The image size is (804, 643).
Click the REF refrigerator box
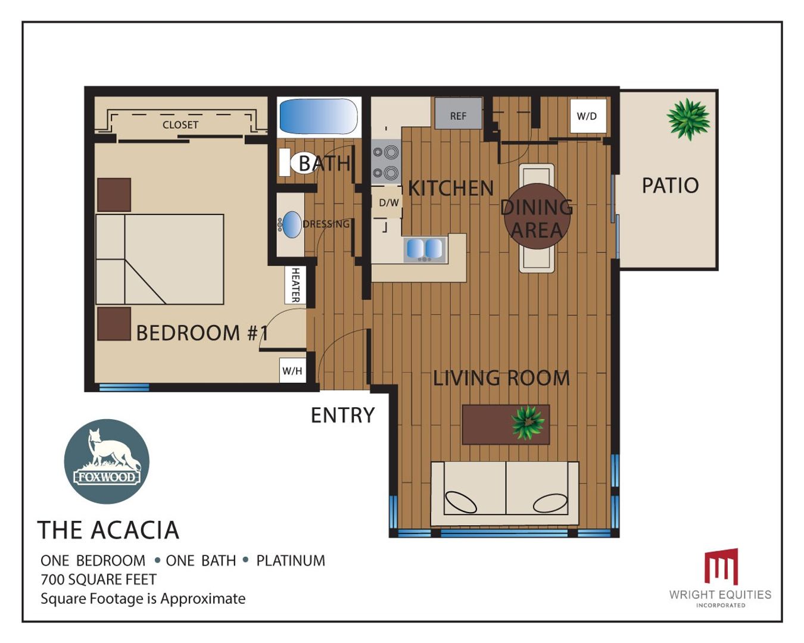(458, 113)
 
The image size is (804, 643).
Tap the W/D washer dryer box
(588, 116)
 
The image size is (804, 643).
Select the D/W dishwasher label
(388, 203)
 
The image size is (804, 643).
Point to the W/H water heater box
(292, 370)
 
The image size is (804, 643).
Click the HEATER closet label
(295, 285)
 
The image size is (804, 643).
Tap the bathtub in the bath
(318, 116)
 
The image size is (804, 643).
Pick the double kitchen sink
(425, 249)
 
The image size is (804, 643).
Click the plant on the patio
(688, 119)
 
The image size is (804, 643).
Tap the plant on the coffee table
(528, 423)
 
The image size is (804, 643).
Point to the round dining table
(537, 216)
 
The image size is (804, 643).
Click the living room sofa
(505, 494)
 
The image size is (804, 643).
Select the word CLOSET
(180, 124)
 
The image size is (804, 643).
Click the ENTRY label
(342, 415)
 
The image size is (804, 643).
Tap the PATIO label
(670, 185)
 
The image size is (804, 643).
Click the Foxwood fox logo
(107, 461)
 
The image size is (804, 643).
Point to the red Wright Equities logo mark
(721, 566)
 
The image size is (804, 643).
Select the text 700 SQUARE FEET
(99, 579)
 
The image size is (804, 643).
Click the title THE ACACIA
(108, 530)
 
